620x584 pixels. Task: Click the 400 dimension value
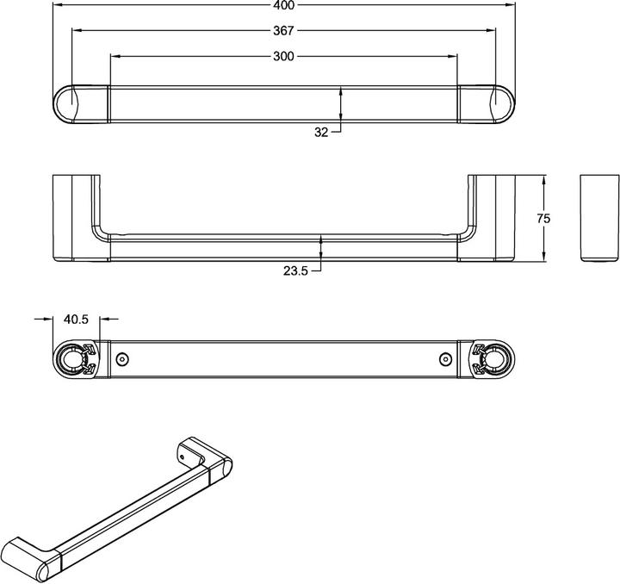pyautogui.click(x=284, y=5)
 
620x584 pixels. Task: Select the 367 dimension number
pyautogui.click(x=284, y=31)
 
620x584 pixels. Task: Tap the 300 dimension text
pyautogui.click(x=284, y=57)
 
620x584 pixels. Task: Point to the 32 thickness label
pyautogui.click(x=321, y=132)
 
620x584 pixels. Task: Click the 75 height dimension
pyautogui.click(x=543, y=219)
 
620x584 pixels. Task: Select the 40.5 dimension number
pyautogui.click(x=77, y=319)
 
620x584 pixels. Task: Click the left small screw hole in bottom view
pyautogui.click(x=122, y=358)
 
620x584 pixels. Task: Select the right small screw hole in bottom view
pyautogui.click(x=444, y=358)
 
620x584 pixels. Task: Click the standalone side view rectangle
pyautogui.click(x=599, y=219)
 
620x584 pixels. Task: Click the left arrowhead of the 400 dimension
pyautogui.click(x=57, y=5)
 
